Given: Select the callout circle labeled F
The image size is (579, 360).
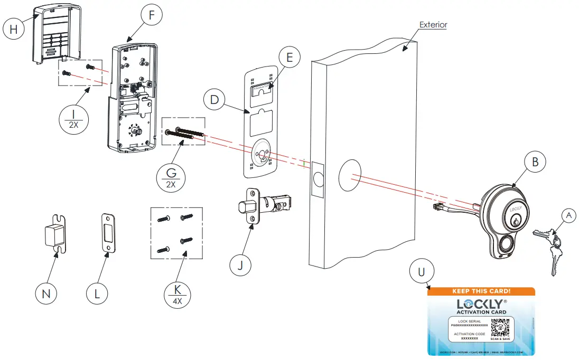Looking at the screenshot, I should [152, 15].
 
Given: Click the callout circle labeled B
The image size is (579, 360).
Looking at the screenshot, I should [535, 163].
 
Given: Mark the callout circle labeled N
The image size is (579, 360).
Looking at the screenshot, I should [46, 294].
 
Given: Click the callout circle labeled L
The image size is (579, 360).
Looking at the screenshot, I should [97, 294].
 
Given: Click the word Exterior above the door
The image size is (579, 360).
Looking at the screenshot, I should [433, 25].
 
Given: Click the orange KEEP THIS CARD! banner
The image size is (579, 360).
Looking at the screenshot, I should [481, 291].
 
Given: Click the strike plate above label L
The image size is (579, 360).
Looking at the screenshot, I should [109, 232].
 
